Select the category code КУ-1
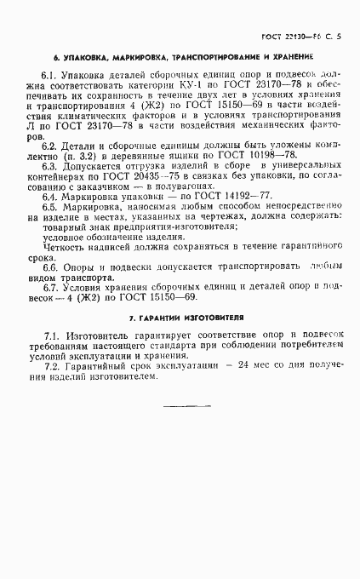pyautogui.click(x=197, y=85)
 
